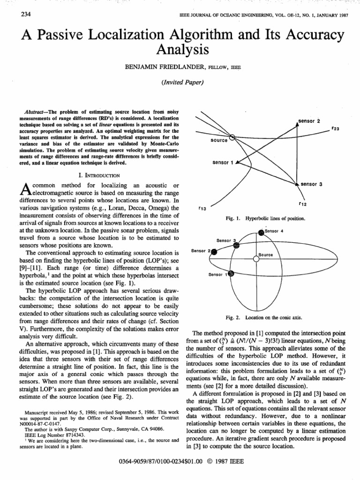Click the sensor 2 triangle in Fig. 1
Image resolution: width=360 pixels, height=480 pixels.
click(297, 123)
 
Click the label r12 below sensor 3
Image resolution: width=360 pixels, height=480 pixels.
click(302, 204)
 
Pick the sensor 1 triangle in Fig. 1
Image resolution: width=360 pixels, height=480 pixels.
click(238, 163)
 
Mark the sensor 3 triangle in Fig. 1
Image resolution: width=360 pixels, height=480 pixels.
click(297, 184)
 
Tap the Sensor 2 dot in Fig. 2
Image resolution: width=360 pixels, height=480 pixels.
click(214, 252)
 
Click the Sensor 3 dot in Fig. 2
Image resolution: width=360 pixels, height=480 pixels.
click(236, 245)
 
